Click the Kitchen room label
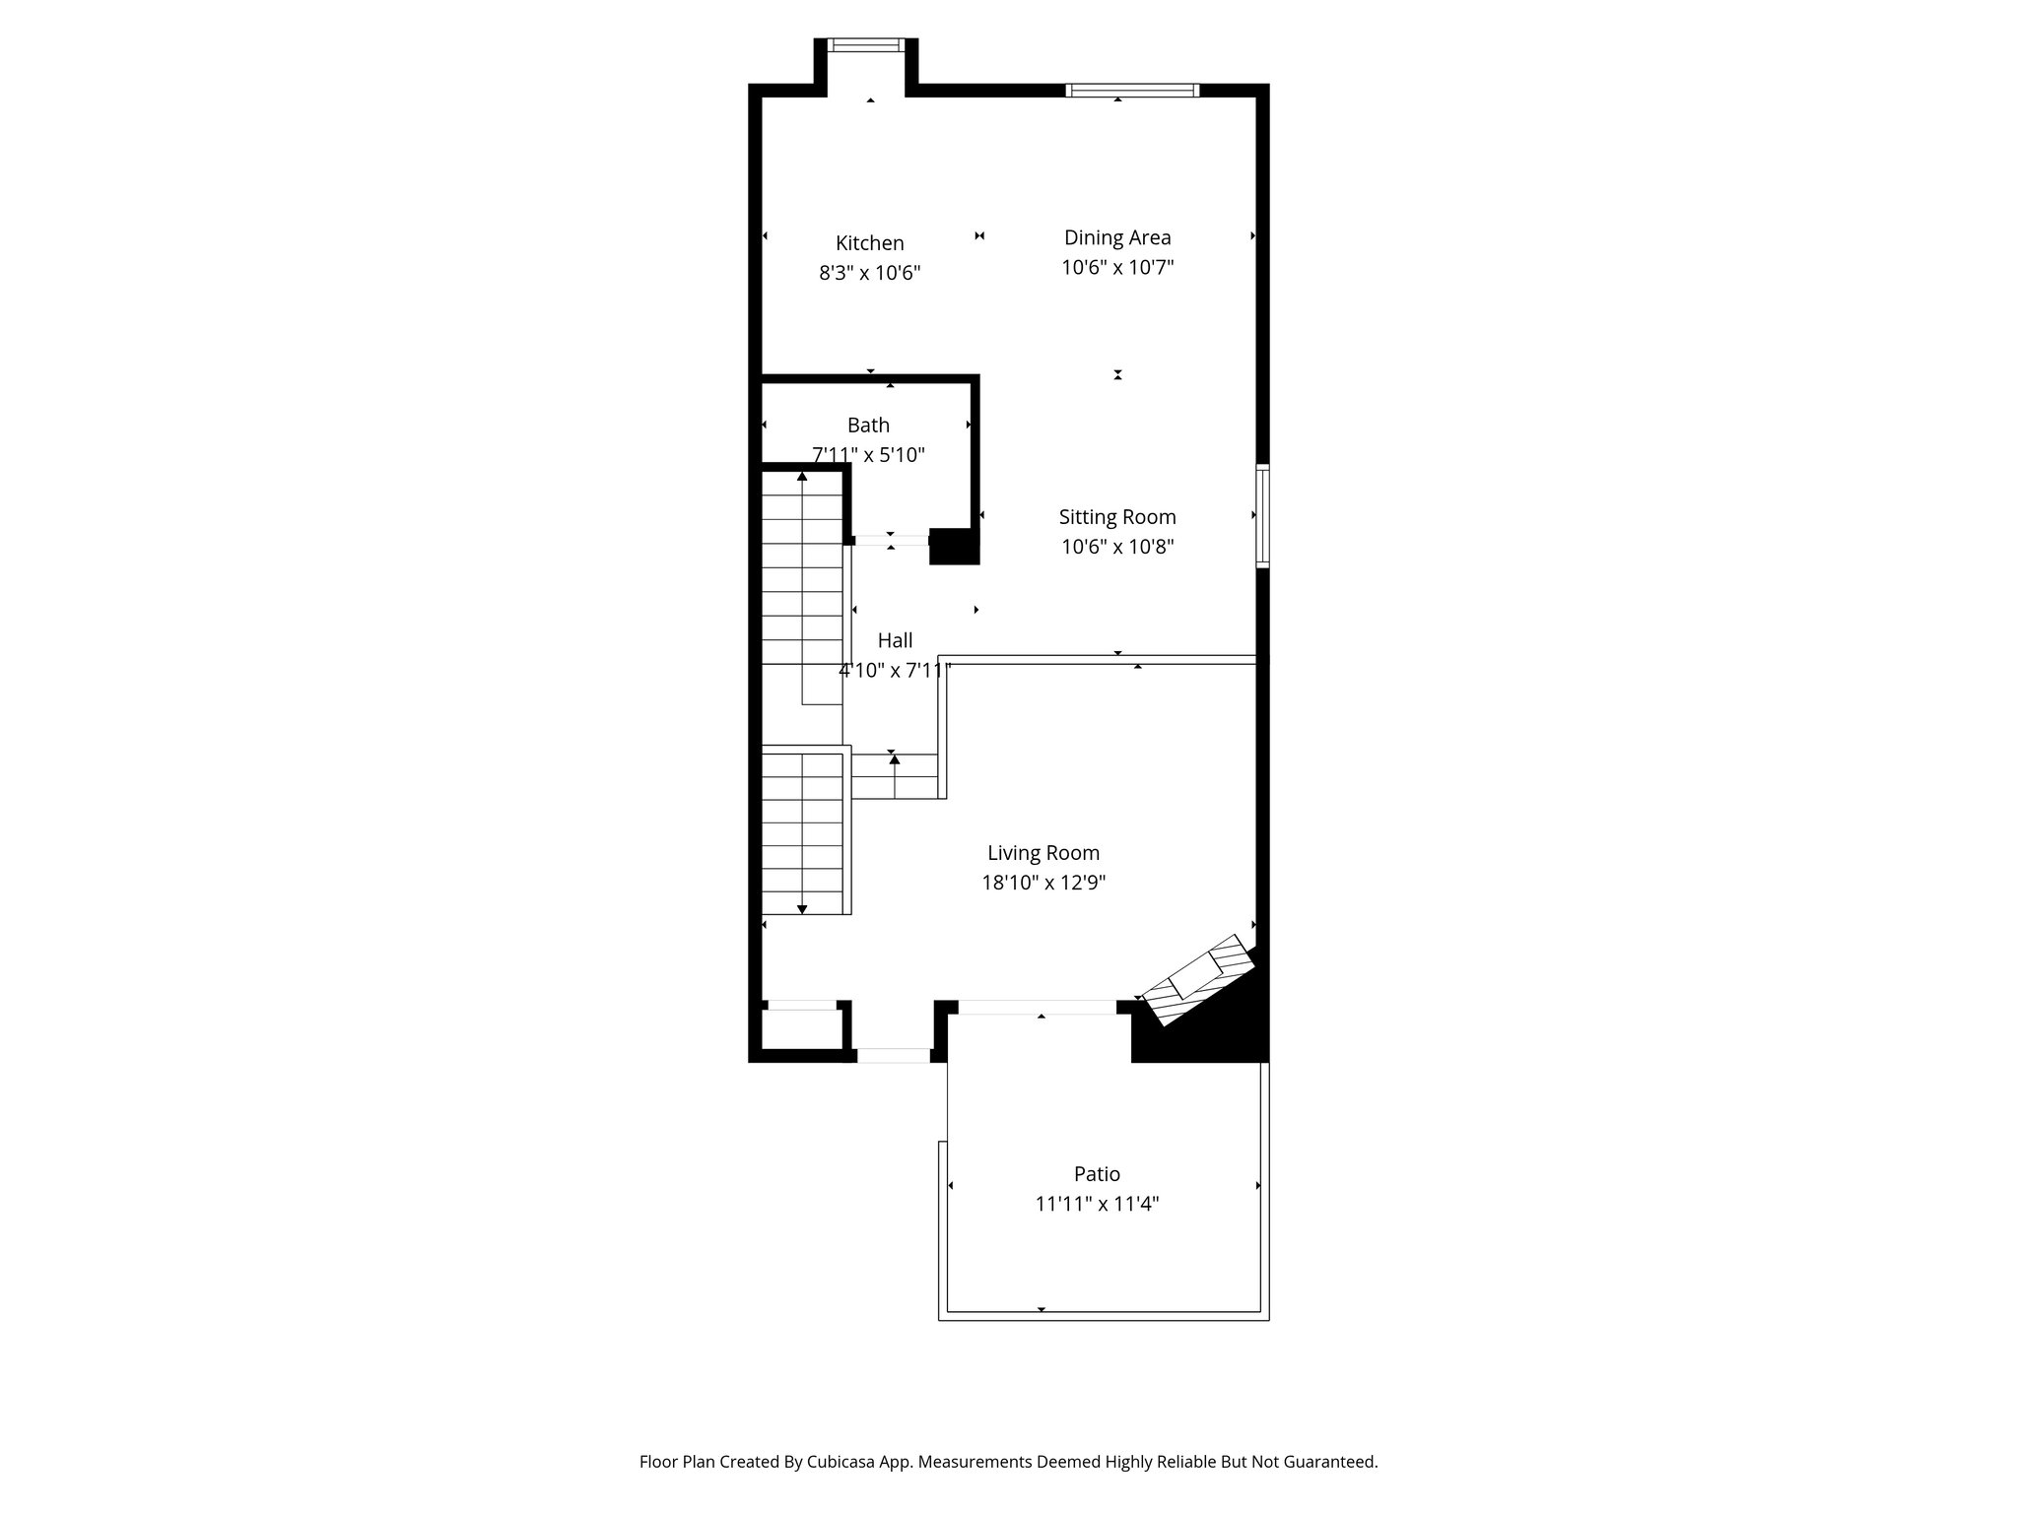[869, 243]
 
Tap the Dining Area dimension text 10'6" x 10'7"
[1117, 268]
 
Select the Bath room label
[868, 426]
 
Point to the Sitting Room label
[1117, 517]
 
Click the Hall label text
[895, 640]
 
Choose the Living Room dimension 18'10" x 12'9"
[1043, 884]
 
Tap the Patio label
[1097, 1174]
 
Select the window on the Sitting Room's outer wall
[1262, 515]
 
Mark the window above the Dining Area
[1132, 91]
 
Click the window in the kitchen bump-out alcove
[865, 44]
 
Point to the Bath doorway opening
[891, 540]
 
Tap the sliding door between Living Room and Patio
[1037, 1008]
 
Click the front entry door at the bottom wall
[893, 1056]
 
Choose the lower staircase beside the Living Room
[804, 833]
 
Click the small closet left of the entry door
[800, 1029]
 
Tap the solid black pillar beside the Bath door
[954, 547]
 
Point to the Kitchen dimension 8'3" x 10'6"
[869, 273]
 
